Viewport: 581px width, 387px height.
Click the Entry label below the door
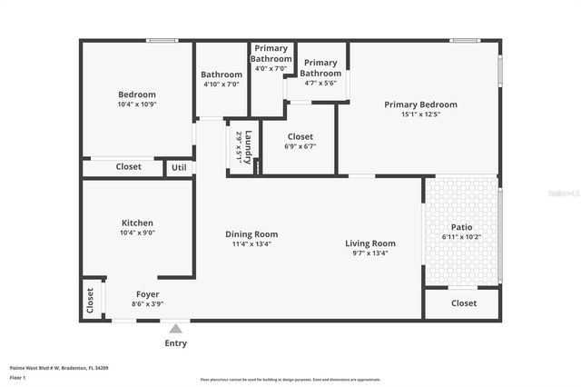point(175,342)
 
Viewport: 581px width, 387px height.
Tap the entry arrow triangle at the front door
point(175,326)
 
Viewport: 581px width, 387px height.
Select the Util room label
point(179,167)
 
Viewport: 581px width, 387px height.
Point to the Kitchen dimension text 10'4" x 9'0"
point(137,233)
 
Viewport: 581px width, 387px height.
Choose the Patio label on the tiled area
point(461,227)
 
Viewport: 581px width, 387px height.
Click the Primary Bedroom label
point(420,104)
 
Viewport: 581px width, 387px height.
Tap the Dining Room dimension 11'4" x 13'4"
point(251,243)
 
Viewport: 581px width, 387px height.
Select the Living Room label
point(370,243)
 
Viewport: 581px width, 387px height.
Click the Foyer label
point(147,293)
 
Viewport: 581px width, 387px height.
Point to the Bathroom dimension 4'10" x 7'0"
point(222,84)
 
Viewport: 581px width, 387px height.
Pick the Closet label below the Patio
point(463,303)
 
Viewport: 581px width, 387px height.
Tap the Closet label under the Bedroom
point(128,166)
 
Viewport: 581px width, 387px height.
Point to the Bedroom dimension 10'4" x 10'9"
point(137,104)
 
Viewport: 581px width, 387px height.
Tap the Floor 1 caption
point(17,376)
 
